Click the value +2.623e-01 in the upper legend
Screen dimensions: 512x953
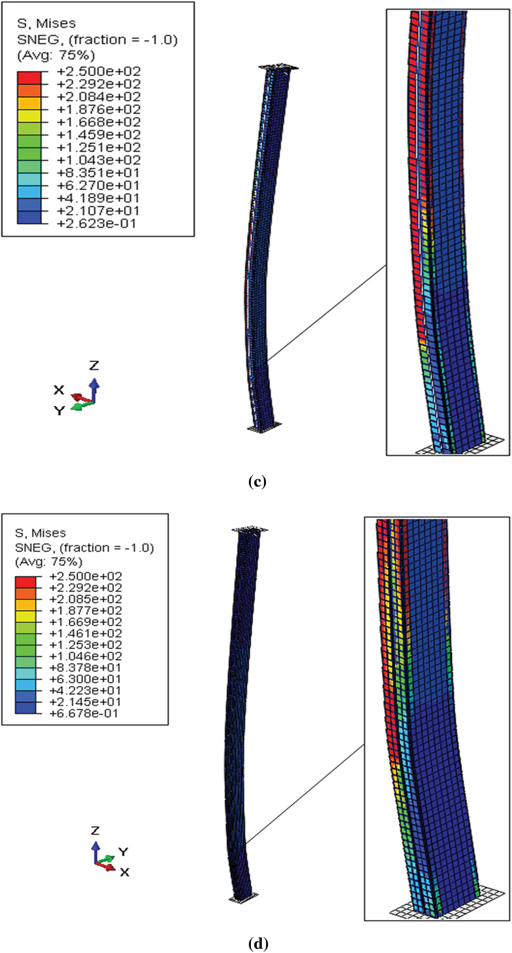pos(96,224)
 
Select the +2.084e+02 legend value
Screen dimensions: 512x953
pos(99,97)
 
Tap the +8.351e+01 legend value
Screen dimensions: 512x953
pos(98,173)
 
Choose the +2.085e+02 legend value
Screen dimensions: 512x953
pos(85,599)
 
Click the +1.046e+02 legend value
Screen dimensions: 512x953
pos(85,656)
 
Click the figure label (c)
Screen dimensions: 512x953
pos(257,482)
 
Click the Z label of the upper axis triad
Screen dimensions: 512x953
pos(94,365)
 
